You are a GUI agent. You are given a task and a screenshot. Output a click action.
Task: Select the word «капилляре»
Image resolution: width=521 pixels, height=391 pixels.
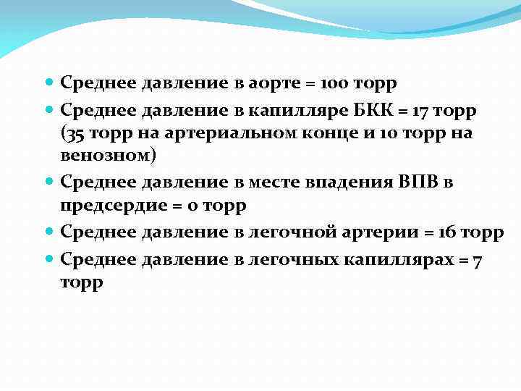point(292,110)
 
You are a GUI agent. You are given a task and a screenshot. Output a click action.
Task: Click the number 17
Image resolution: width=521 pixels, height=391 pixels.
point(421,110)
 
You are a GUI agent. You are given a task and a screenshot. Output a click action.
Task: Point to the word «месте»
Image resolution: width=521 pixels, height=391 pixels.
point(274,181)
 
